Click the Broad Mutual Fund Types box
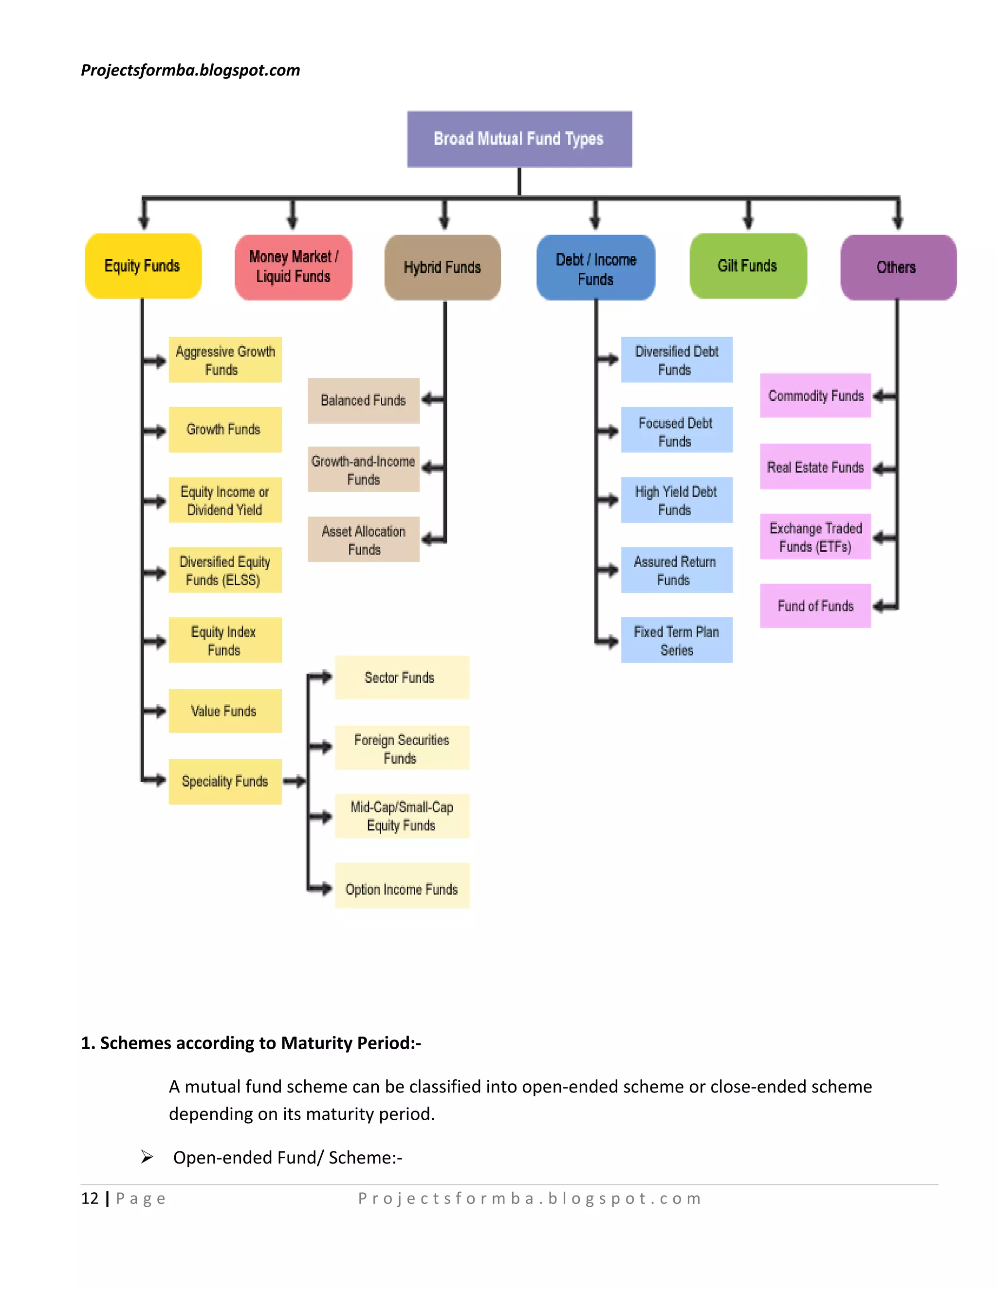(x=519, y=139)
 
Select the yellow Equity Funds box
(x=143, y=266)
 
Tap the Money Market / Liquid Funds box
(x=294, y=267)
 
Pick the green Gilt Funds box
(x=748, y=266)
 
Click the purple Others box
(x=898, y=268)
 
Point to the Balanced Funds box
(x=363, y=400)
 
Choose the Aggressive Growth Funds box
(x=225, y=360)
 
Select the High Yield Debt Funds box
(x=676, y=500)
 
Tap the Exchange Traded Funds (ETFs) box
(x=815, y=537)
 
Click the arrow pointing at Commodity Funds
(x=884, y=396)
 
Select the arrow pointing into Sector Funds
(x=321, y=678)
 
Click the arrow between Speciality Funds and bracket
(x=294, y=782)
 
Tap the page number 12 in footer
(x=90, y=1198)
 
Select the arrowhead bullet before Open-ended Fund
(x=147, y=1157)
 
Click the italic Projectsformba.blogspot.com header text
(x=190, y=70)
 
